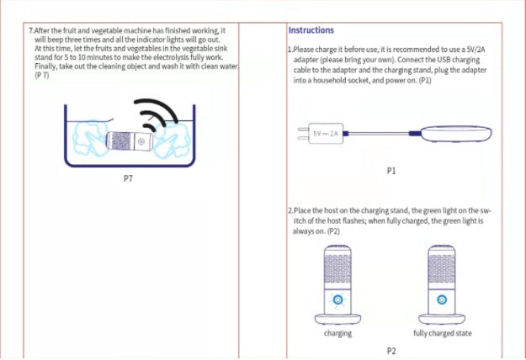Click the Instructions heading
pyautogui.click(x=311, y=30)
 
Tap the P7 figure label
pyautogui.click(x=128, y=179)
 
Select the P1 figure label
pyautogui.click(x=391, y=171)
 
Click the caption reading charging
pyautogui.click(x=337, y=334)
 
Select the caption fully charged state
pyautogui.click(x=443, y=334)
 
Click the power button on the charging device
pyautogui.click(x=337, y=299)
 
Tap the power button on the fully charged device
pyautogui.click(x=442, y=299)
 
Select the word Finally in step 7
pyautogui.click(x=47, y=66)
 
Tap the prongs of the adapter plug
pyautogui.click(x=302, y=134)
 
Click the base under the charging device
pyautogui.click(x=337, y=319)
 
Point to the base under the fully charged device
pyautogui.click(x=442, y=319)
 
